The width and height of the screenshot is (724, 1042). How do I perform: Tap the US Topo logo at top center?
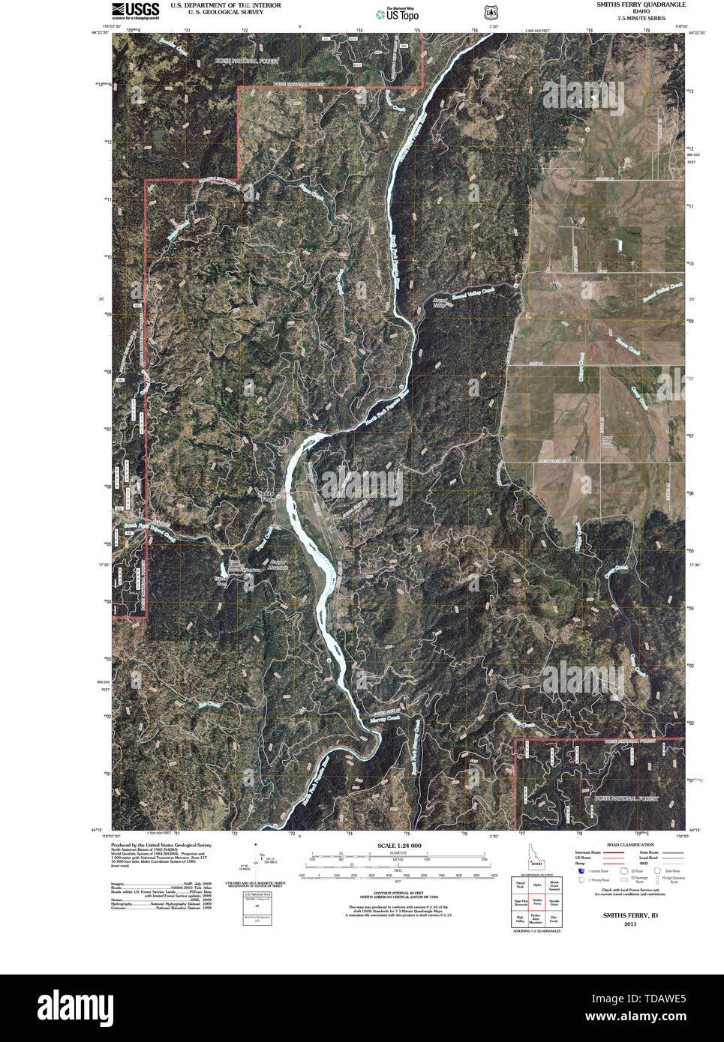(395, 12)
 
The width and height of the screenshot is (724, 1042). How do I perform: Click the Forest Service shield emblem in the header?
(491, 13)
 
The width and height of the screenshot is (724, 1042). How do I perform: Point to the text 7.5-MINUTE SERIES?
(641, 17)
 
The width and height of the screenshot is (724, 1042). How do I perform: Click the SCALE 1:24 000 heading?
(398, 846)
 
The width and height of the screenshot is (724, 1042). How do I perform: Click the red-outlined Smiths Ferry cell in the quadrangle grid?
(536, 902)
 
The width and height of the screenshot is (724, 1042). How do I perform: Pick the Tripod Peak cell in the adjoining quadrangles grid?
(519, 885)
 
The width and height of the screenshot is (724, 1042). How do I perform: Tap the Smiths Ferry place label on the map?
(267, 495)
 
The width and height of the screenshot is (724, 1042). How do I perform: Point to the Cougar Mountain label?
(278, 564)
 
